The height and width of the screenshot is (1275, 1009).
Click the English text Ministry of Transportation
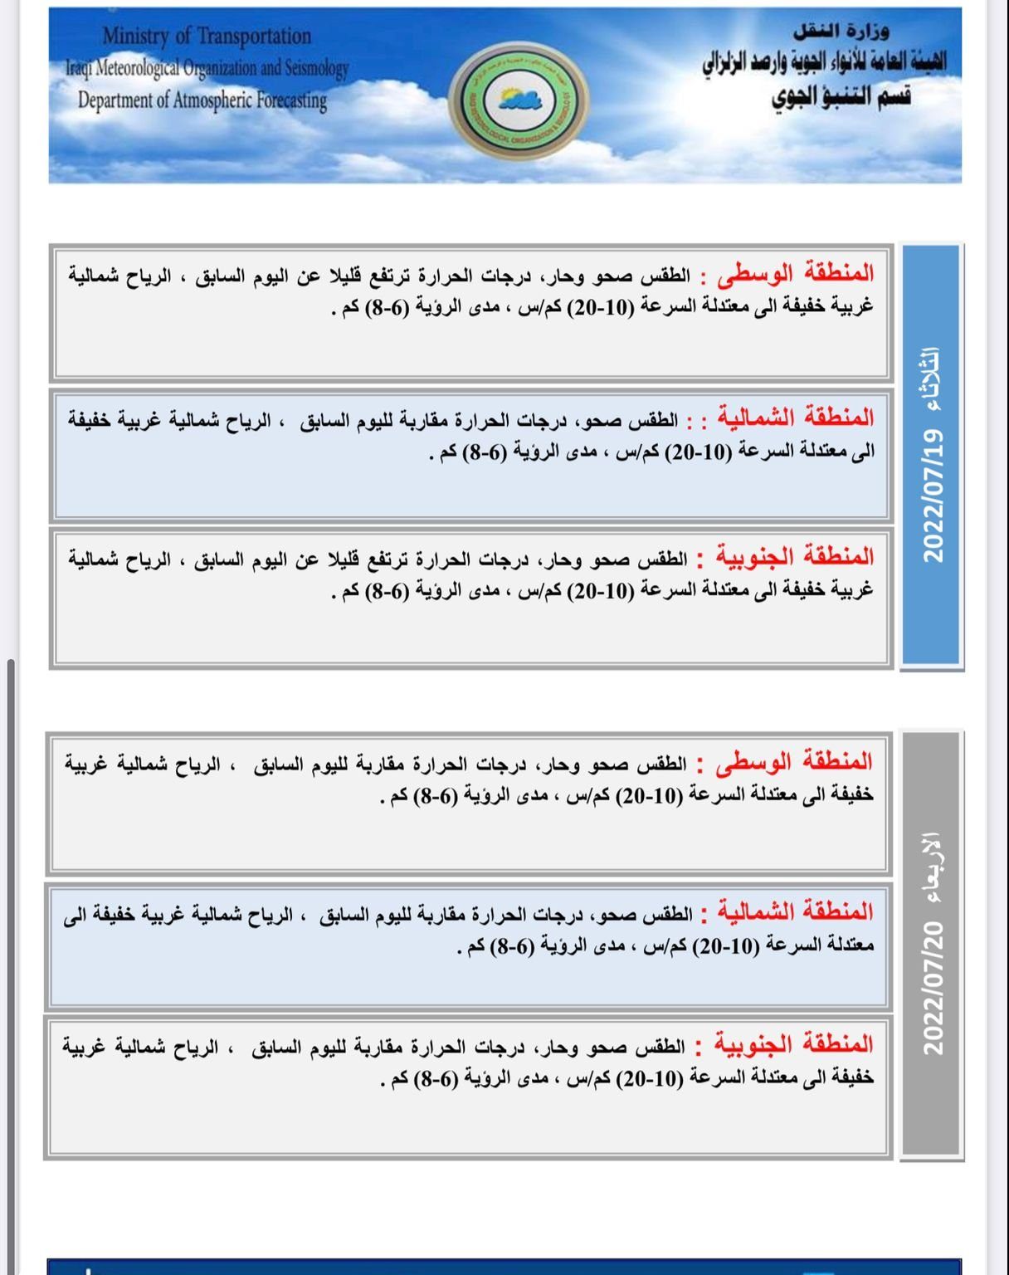[x=207, y=36]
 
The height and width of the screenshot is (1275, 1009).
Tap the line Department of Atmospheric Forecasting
[x=202, y=100]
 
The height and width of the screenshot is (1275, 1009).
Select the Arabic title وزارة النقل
[x=841, y=32]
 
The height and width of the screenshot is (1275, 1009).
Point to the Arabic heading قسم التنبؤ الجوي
[x=841, y=96]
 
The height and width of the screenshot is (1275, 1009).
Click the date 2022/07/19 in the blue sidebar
[x=933, y=496]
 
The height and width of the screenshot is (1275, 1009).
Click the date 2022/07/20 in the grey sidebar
[x=933, y=987]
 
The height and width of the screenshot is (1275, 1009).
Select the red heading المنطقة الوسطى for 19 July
[x=796, y=273]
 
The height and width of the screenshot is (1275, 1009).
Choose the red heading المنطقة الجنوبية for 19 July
[x=792, y=556]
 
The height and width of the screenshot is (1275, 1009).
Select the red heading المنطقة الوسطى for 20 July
[x=794, y=761]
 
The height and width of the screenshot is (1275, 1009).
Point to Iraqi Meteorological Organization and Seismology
[x=207, y=67]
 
